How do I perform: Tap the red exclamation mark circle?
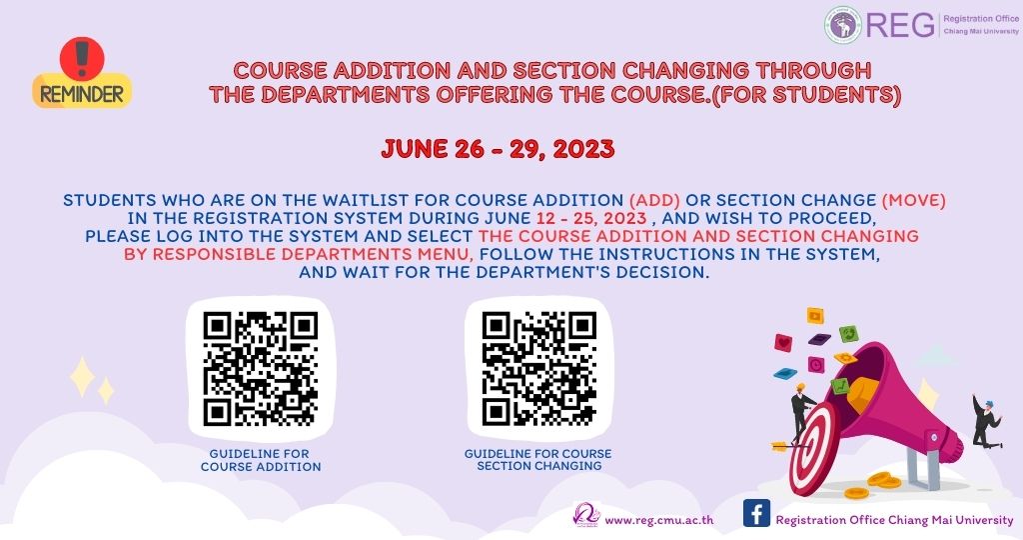(82, 57)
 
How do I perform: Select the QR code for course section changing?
(538, 369)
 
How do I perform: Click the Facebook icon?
(757, 513)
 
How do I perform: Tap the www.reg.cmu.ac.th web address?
(659, 520)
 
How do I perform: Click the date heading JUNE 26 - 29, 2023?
(498, 149)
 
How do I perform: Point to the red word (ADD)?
(654, 200)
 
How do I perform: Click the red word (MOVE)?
(913, 200)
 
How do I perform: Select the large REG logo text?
(900, 25)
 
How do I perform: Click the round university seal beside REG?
(842, 25)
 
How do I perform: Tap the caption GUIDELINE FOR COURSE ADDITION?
(261, 460)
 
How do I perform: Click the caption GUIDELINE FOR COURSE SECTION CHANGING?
(539, 460)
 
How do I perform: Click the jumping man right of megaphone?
(986, 422)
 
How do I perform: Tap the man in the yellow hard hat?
(802, 410)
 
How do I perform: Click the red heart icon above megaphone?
(783, 342)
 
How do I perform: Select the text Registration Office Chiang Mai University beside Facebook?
(894, 520)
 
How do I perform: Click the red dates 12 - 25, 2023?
(591, 218)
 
